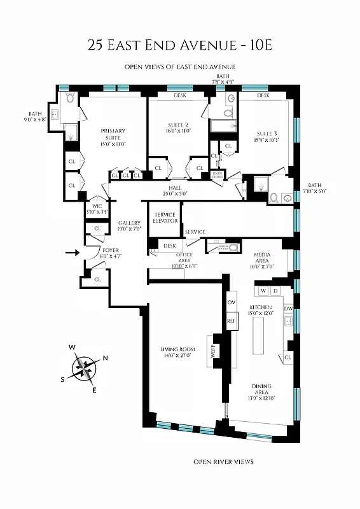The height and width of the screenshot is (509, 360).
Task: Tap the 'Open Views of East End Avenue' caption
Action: click(180, 67)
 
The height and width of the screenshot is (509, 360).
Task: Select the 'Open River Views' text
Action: click(223, 461)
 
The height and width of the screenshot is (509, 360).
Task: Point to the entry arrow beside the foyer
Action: click(73, 253)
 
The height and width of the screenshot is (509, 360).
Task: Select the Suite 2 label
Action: click(178, 129)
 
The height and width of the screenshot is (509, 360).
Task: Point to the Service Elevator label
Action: click(165, 218)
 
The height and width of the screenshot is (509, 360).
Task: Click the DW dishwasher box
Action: click(288, 309)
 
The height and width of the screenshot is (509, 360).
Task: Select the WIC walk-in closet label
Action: click(97, 208)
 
